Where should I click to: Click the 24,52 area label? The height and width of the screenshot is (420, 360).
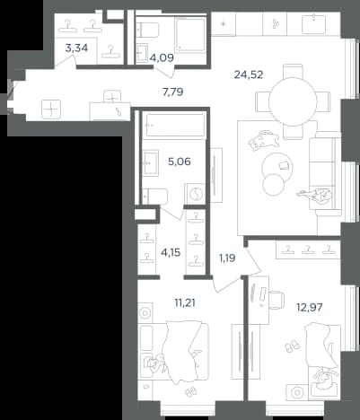point(249,74)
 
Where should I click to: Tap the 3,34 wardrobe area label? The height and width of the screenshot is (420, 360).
point(76,48)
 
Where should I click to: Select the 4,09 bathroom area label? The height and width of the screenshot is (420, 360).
point(162,57)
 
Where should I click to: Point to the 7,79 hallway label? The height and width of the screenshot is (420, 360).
point(172,92)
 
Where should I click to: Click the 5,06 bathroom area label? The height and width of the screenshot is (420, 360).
point(180,162)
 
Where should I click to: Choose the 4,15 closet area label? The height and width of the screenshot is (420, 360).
point(171,253)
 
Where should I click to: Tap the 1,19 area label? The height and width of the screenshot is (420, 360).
point(227,258)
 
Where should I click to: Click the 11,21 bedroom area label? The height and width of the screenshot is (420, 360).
point(185,303)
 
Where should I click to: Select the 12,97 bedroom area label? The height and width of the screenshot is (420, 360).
point(310,307)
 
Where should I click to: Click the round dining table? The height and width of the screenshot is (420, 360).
point(293,101)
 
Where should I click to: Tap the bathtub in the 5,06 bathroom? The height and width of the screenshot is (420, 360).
point(173,126)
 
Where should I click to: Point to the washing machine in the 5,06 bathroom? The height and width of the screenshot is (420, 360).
point(195,194)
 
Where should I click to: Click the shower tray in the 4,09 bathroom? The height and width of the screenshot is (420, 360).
point(190,34)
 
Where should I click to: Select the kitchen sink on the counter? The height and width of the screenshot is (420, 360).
point(313,23)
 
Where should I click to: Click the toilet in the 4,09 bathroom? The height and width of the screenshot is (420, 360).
point(148,30)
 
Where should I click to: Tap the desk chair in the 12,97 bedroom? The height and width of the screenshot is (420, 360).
point(277,300)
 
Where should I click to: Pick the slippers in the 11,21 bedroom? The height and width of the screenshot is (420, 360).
point(190,392)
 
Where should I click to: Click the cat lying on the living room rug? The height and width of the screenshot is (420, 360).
point(263,141)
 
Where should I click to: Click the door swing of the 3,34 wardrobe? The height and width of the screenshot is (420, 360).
point(66,61)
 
